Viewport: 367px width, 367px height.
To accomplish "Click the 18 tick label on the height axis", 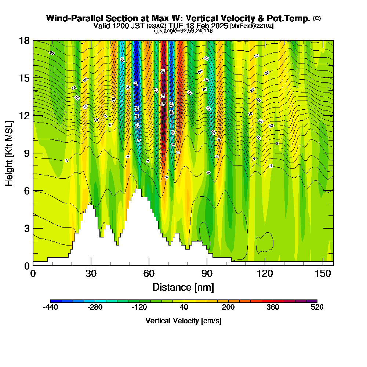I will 24,41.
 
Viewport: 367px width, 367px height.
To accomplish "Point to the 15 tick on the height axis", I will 24,78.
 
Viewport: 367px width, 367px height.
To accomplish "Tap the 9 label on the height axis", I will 26,153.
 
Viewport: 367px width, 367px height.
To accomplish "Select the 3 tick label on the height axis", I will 26,228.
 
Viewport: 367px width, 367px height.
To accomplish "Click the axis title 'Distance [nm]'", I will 183,287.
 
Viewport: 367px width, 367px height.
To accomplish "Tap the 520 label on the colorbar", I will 317,308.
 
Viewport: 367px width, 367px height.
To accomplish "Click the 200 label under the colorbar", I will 228,308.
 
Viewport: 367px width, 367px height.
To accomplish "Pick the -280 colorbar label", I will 95,308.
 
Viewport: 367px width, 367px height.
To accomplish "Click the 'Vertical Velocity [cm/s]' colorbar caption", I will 183,321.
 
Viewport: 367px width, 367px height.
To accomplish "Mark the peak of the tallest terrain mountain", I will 138,189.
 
